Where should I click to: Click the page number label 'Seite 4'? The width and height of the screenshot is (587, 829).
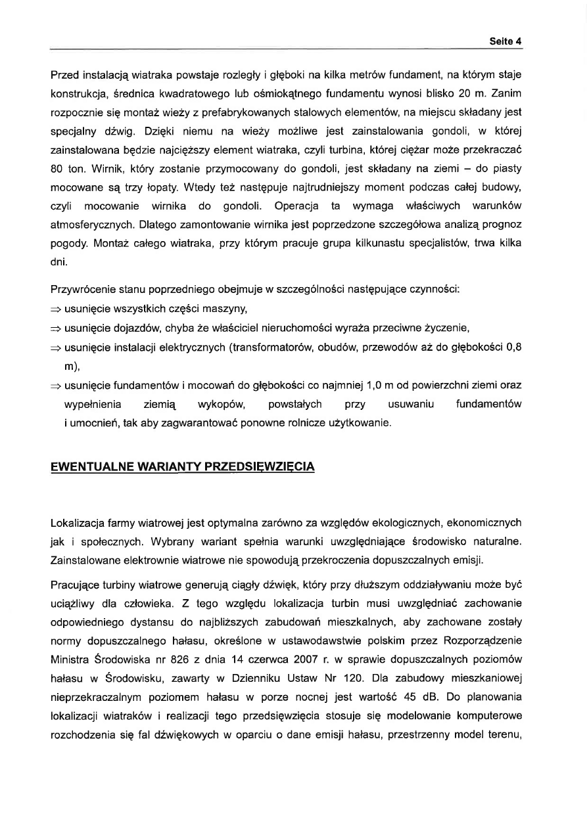tap(505, 41)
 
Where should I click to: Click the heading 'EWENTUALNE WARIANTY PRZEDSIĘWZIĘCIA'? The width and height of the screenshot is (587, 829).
tap(183, 466)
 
